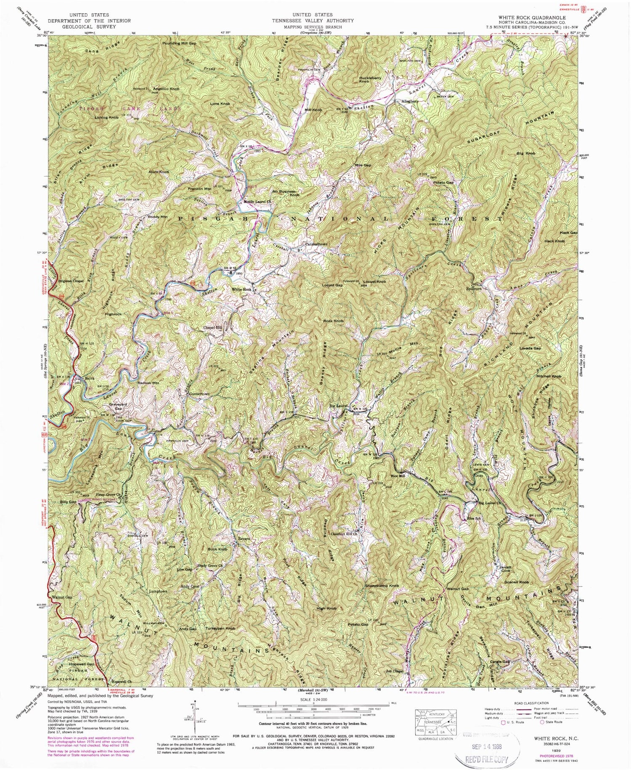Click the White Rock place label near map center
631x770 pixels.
(241, 290)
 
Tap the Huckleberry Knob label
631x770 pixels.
(370, 79)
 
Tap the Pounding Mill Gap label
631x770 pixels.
(180, 43)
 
